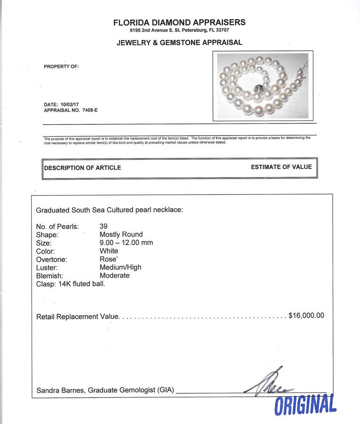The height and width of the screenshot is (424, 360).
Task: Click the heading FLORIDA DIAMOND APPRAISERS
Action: (180, 22)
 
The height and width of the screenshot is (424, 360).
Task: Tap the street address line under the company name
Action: (180, 30)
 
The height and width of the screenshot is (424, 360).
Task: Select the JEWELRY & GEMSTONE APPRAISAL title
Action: (180, 42)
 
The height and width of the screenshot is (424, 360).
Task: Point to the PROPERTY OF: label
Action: (61, 66)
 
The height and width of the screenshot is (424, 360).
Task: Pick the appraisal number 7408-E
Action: (88, 110)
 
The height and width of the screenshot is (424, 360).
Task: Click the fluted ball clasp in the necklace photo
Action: (259, 89)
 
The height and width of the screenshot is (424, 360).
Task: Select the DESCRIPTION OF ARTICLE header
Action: (82, 168)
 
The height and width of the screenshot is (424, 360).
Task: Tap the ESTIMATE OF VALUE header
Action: (281, 167)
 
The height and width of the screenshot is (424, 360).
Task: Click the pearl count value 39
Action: (104, 226)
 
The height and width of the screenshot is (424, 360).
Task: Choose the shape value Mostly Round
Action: (121, 234)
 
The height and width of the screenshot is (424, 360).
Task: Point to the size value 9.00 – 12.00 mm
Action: (126, 243)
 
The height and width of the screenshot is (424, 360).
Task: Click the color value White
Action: (109, 251)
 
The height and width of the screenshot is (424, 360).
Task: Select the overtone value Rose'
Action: (109, 259)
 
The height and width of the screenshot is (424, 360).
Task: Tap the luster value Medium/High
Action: (121, 267)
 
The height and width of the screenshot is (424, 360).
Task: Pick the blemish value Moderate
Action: (115, 275)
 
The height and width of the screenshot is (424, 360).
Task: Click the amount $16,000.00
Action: (306, 316)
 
